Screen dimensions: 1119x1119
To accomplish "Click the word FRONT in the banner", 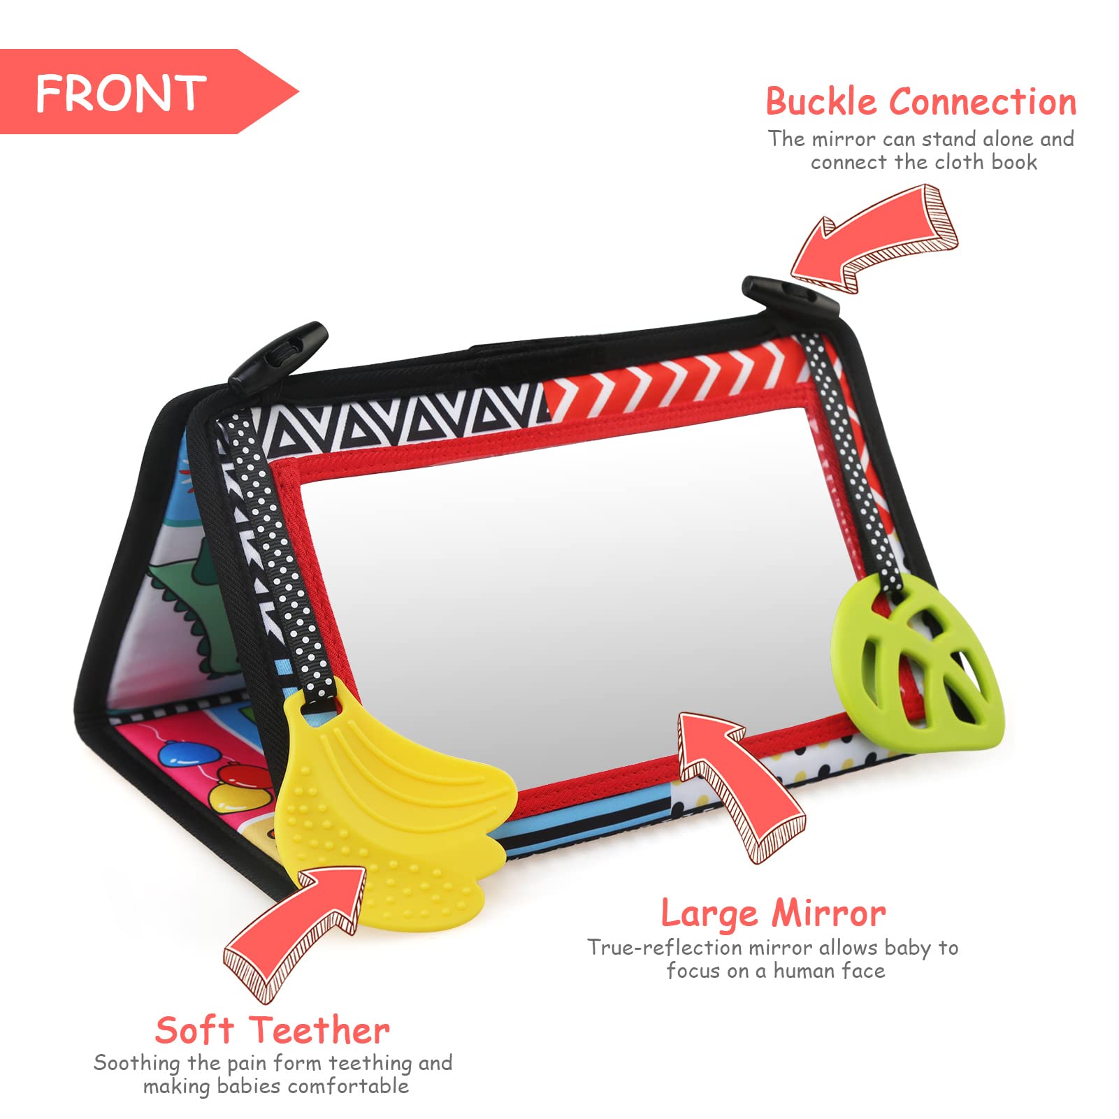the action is pyautogui.click(x=120, y=93).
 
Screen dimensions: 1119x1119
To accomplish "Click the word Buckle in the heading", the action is pyautogui.click(x=821, y=101).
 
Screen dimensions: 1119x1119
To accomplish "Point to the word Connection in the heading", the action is pyautogui.click(x=983, y=102).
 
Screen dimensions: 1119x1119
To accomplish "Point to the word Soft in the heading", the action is pyautogui.click(x=194, y=1030).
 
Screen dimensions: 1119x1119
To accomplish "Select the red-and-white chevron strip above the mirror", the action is pyautogui.click(x=674, y=386).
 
